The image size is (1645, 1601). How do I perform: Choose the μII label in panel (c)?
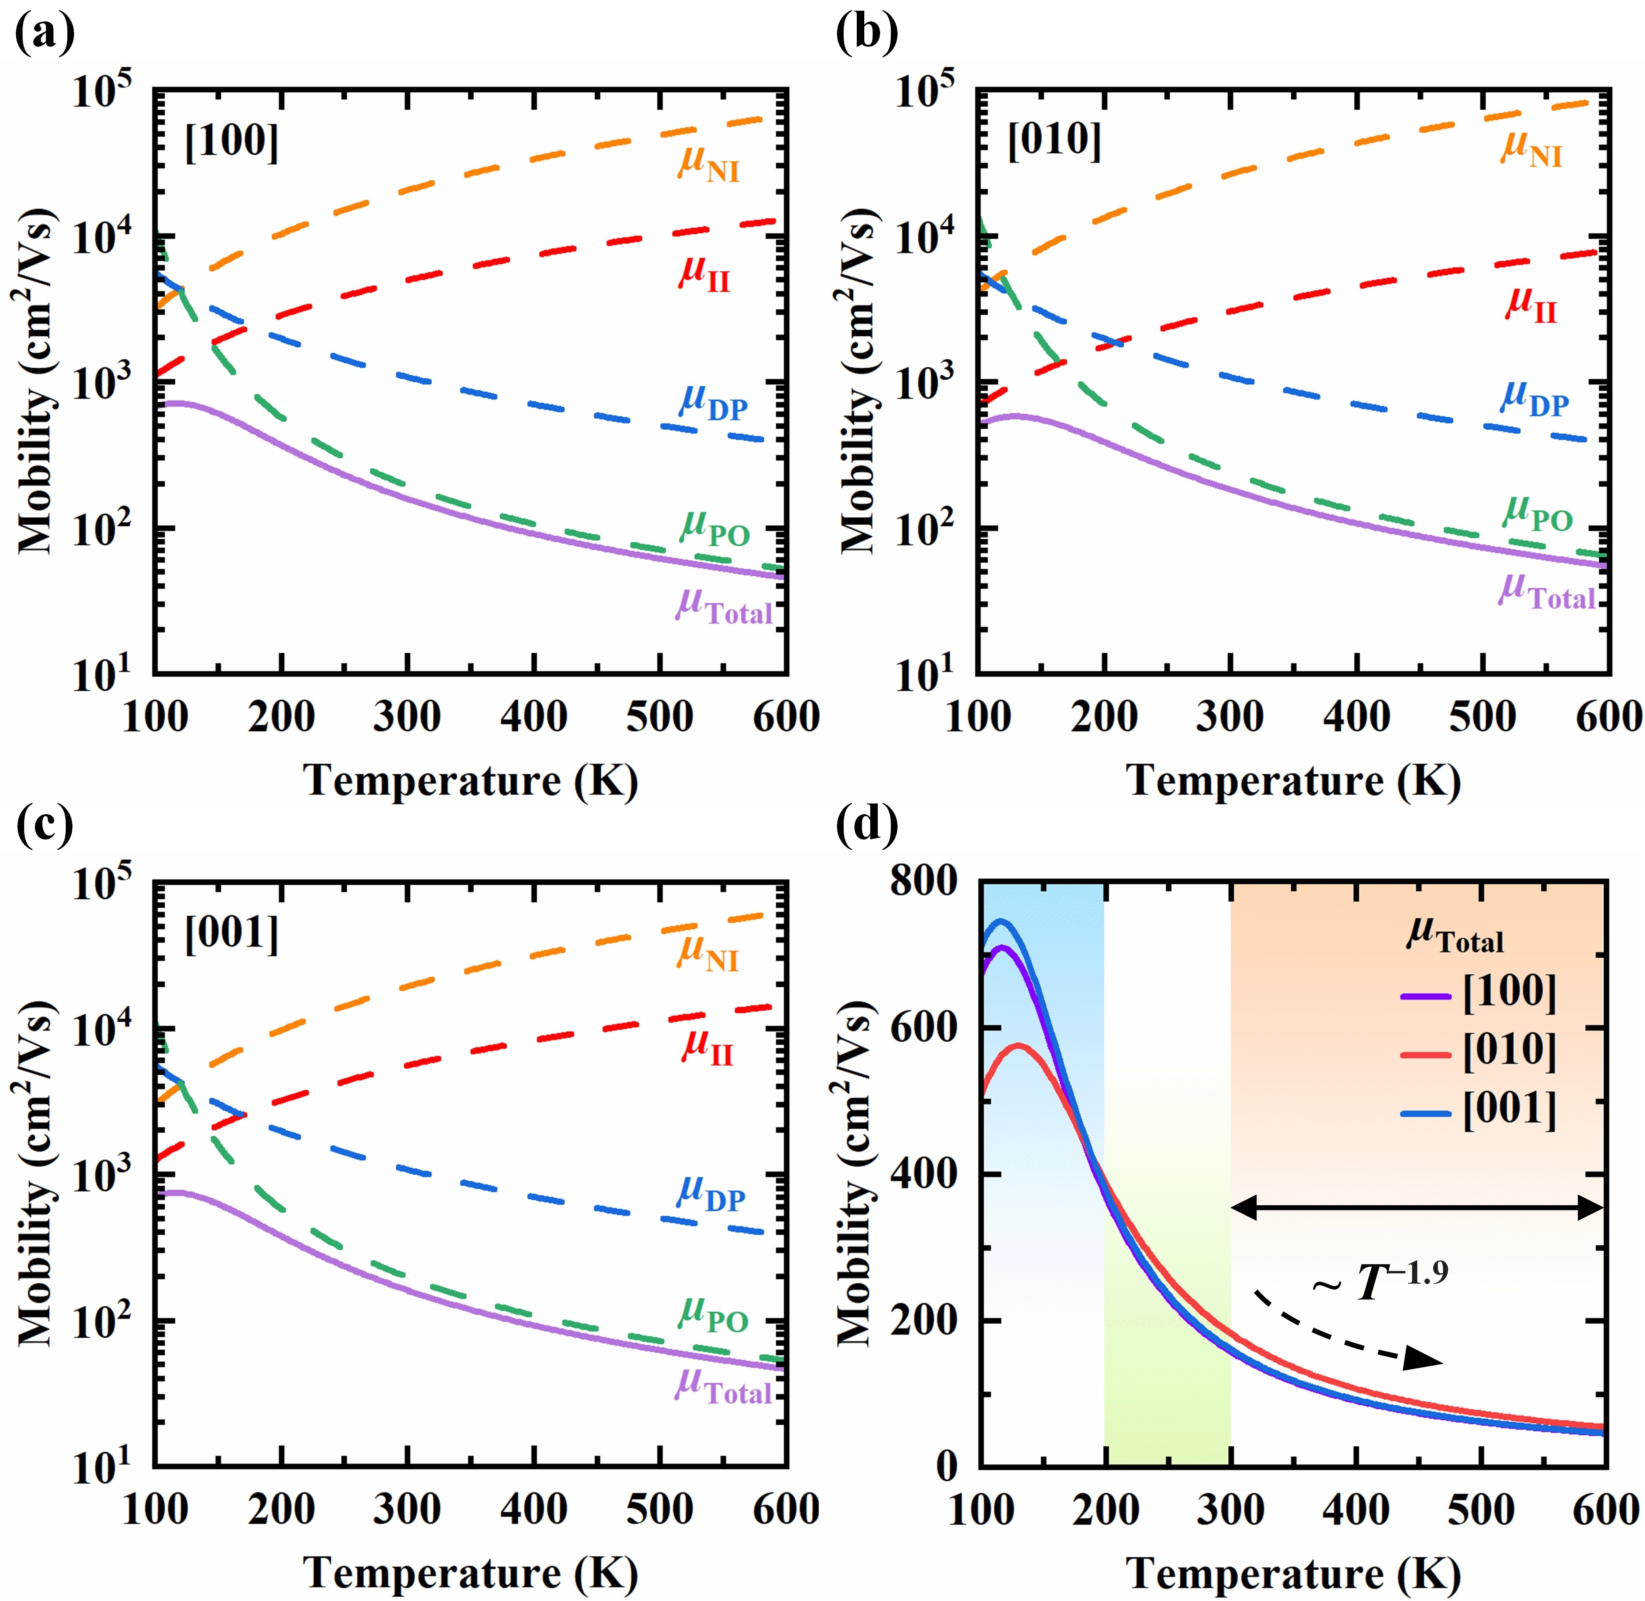pos(708,1047)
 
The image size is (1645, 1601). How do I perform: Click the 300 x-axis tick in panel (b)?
pos(1230,717)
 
